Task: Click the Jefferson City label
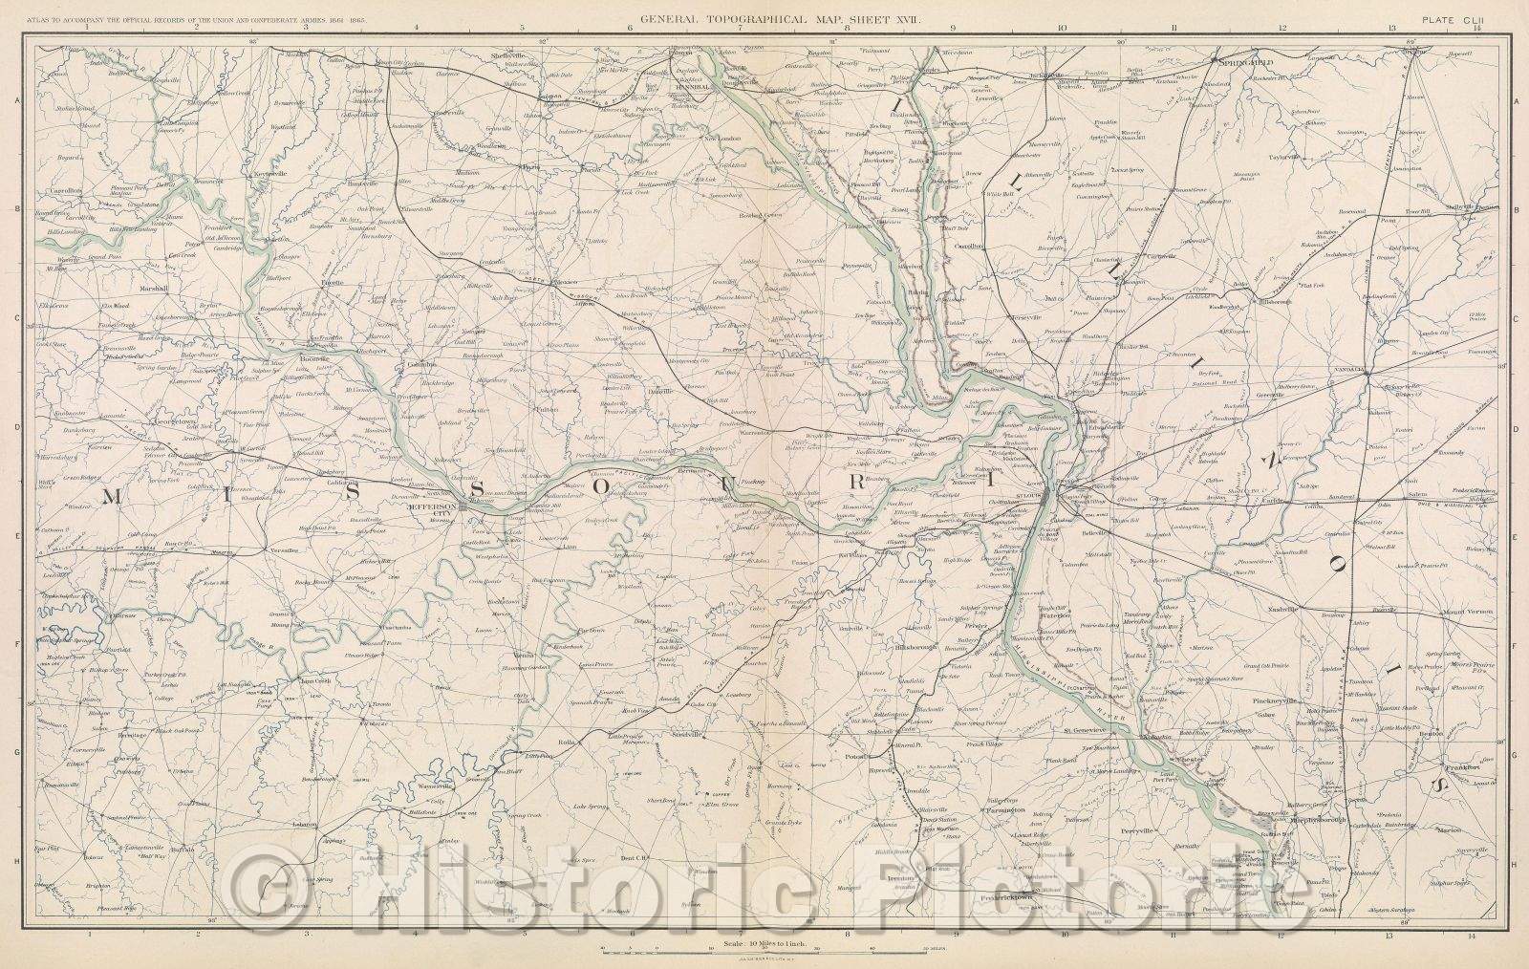(x=428, y=508)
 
